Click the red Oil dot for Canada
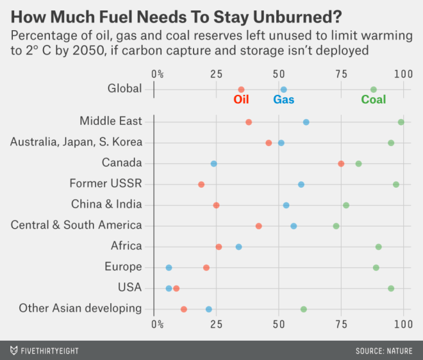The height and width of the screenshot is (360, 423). (x=341, y=164)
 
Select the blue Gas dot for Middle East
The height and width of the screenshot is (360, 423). (x=306, y=122)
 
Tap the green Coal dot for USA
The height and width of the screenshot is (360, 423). (x=391, y=288)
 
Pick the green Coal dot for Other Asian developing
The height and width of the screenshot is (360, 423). (x=304, y=309)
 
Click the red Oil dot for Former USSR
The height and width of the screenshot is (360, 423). (x=201, y=184)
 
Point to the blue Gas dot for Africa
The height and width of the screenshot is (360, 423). (x=239, y=247)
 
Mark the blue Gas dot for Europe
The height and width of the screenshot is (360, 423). (x=169, y=268)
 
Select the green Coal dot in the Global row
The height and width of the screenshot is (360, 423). (x=374, y=90)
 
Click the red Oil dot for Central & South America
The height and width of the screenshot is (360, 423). (x=258, y=226)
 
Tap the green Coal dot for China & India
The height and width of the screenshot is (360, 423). (x=346, y=205)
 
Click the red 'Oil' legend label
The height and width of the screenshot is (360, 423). (x=241, y=100)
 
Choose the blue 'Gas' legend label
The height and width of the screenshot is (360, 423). (x=284, y=100)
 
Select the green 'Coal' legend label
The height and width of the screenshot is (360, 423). (x=374, y=100)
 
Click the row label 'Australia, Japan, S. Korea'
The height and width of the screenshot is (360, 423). (x=76, y=142)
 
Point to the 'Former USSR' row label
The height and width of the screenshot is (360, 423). (x=106, y=184)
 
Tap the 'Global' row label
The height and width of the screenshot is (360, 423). (x=125, y=88)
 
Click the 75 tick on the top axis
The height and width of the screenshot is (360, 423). (x=341, y=74)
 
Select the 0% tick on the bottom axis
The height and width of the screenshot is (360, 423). (x=157, y=325)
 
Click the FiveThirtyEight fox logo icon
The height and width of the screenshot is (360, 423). (x=13, y=350)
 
